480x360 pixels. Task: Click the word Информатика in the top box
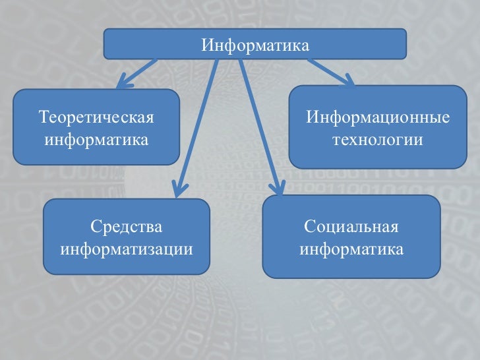click(x=255, y=46)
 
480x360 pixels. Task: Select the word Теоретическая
click(x=96, y=118)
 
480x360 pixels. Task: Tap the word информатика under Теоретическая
click(x=96, y=140)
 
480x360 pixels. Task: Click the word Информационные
click(x=378, y=118)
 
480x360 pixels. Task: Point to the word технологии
click(x=378, y=140)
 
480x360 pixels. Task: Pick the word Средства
click(x=127, y=227)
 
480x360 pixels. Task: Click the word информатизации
click(x=127, y=249)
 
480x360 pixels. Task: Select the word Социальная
click(x=351, y=227)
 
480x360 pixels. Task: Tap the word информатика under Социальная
click(x=351, y=249)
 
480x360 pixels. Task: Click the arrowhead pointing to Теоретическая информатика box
click(x=125, y=83)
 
